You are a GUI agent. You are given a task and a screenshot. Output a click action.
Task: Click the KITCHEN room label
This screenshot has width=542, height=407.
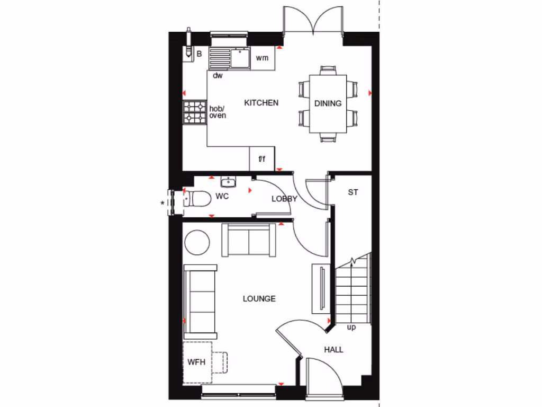click(x=261, y=103)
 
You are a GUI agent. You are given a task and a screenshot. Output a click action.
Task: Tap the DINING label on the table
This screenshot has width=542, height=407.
click(x=328, y=103)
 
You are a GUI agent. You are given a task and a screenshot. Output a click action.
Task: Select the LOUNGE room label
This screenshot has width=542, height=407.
click(x=259, y=299)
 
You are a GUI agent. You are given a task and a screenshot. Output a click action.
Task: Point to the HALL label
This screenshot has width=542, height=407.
click(x=333, y=350)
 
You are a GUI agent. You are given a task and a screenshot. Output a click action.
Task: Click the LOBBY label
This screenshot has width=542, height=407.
click(x=284, y=199)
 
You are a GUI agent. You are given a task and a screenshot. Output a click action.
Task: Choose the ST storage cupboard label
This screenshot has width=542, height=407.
click(x=353, y=192)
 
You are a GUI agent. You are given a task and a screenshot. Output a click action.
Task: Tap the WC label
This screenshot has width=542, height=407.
click(x=222, y=197)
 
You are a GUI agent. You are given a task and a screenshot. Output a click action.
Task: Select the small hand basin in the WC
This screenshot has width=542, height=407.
click(x=228, y=183)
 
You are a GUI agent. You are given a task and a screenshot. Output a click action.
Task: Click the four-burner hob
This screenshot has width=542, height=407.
click(x=194, y=112)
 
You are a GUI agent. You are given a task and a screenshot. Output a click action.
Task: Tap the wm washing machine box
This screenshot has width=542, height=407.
click(x=263, y=58)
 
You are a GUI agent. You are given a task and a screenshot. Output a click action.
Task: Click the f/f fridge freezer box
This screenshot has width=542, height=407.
click(x=261, y=159)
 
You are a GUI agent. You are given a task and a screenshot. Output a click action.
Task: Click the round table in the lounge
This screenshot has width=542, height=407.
click(x=197, y=242)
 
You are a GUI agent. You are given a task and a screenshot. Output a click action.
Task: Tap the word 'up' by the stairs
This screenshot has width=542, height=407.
click(x=351, y=328)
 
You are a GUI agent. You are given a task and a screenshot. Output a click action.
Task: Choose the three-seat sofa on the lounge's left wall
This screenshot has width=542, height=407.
click(x=200, y=301)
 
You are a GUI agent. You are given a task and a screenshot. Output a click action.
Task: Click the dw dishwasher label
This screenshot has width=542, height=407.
click(x=218, y=76)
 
